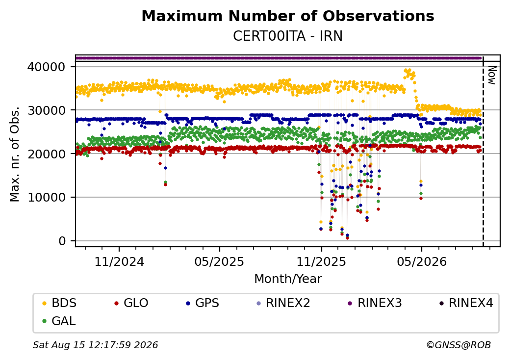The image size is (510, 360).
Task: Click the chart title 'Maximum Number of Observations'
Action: coord(288,16)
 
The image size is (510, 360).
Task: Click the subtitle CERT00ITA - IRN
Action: coord(288,36)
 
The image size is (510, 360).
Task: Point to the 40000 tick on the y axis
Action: coord(47,67)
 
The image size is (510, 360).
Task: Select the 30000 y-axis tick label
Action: coord(47,110)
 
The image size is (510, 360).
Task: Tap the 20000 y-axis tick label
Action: coord(47,154)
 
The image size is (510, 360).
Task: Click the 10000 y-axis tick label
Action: coord(47,197)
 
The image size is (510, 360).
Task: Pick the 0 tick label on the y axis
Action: coord(62,241)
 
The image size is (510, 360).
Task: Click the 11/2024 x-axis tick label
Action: coord(119,261)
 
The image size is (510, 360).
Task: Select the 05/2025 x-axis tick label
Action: coord(219,261)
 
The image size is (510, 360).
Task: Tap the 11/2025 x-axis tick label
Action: coord(321,261)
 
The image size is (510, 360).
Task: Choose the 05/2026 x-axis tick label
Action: coord(422,261)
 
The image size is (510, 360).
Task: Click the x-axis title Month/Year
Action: coord(288,279)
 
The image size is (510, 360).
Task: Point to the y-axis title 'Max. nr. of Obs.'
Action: coord(15,154)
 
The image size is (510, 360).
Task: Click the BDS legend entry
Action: coord(59,303)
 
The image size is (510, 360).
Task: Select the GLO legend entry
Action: coord(131,303)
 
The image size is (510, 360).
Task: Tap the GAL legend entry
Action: coord(59,321)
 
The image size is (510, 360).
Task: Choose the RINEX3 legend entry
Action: coord(375,303)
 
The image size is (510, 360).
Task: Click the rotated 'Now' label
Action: coord(492,75)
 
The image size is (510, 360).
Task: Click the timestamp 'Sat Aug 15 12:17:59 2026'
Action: coord(96,345)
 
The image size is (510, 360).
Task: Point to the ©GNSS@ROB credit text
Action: coord(459,345)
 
